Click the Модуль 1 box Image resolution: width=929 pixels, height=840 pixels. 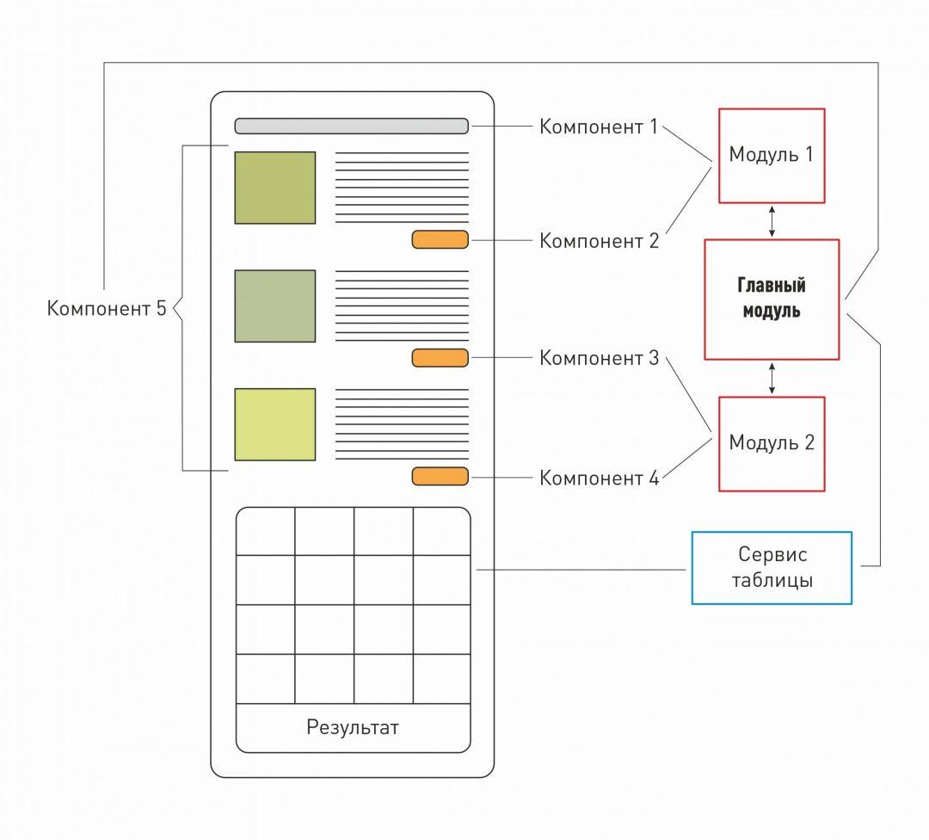(x=771, y=156)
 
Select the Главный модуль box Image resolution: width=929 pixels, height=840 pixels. (x=771, y=299)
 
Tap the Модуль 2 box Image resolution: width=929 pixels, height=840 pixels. (x=771, y=443)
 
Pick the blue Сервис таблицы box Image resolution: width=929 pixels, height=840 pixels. (x=771, y=567)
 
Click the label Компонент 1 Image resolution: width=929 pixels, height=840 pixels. (x=598, y=127)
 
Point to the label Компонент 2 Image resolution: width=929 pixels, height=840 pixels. (x=598, y=241)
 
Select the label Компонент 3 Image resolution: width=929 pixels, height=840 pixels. (x=598, y=358)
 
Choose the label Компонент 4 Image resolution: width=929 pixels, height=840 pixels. (x=598, y=479)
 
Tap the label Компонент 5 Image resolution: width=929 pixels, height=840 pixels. (x=107, y=308)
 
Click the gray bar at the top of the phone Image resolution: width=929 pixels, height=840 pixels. (x=351, y=127)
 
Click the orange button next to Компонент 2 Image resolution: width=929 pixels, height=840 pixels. (x=440, y=240)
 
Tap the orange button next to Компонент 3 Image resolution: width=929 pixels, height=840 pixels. (x=440, y=358)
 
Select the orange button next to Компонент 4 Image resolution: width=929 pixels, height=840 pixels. (x=440, y=477)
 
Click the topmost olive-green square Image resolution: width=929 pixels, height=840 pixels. (x=274, y=188)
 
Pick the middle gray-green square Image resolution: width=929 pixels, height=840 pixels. (x=274, y=306)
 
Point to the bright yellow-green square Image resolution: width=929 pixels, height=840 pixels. (x=274, y=424)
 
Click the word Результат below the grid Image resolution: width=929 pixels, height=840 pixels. (x=353, y=727)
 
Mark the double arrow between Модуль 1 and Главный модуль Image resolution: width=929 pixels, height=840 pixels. (x=772, y=221)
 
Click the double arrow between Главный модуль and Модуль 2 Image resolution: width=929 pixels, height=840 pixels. (x=772, y=378)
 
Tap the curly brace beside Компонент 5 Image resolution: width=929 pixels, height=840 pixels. (x=180, y=308)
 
